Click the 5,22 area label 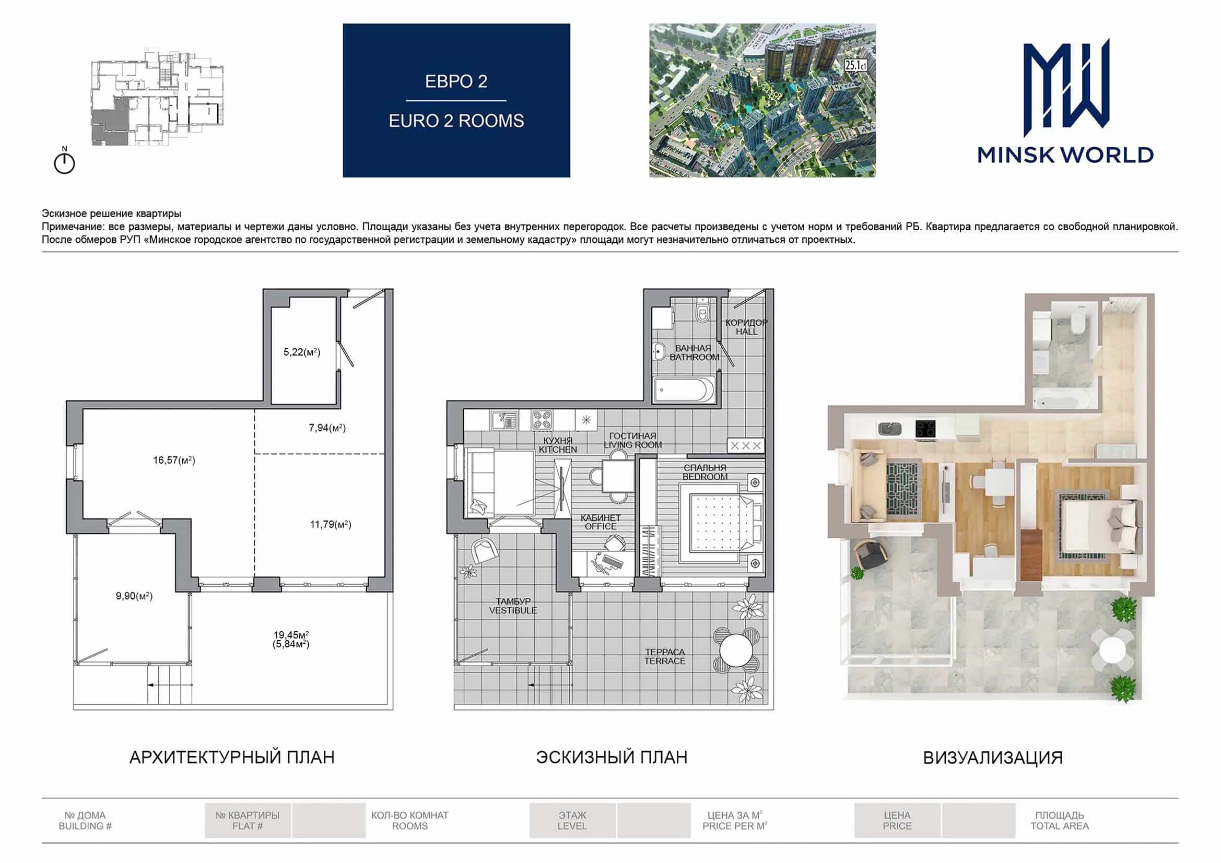click(x=301, y=352)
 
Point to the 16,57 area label click(x=174, y=460)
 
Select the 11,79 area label click(x=330, y=524)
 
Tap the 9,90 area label click(x=134, y=596)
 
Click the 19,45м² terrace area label click(x=291, y=635)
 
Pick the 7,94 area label click(x=327, y=428)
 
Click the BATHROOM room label click(x=694, y=357)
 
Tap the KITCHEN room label click(x=557, y=450)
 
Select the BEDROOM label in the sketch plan click(x=705, y=477)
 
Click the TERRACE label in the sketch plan click(x=665, y=661)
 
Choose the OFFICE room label click(x=601, y=526)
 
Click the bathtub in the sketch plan click(x=684, y=390)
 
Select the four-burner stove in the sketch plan click(x=542, y=420)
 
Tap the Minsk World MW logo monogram click(x=1066, y=88)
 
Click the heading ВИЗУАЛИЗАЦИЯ click(x=993, y=758)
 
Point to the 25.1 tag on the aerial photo click(x=856, y=65)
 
